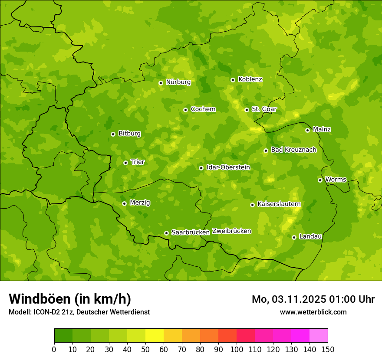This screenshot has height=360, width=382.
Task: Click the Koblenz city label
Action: [250, 79]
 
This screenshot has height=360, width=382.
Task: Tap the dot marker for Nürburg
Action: [161, 83]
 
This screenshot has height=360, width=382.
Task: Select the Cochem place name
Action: [203, 109]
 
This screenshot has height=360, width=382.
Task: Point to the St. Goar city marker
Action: [247, 110]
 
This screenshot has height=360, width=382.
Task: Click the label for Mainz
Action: [322, 129]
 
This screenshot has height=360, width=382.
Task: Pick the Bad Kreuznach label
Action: [293, 150]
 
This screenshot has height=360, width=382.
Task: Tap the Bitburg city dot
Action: [113, 134]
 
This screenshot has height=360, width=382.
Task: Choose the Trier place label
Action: [138, 162]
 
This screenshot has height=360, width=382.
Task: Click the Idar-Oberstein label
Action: [228, 167]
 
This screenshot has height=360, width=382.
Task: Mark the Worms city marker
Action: [320, 180]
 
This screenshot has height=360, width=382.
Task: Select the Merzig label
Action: [140, 203]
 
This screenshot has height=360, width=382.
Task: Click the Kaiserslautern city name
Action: [279, 204]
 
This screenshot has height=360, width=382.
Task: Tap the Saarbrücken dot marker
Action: [166, 233]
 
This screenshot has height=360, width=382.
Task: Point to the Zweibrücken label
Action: [231, 231]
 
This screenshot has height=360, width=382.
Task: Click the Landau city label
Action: [310, 236]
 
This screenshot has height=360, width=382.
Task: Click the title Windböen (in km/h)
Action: [70, 299]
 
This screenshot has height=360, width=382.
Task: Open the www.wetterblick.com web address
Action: [313, 312]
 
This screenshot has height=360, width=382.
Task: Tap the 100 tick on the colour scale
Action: [237, 349]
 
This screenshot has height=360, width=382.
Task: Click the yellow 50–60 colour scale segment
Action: [155, 336]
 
